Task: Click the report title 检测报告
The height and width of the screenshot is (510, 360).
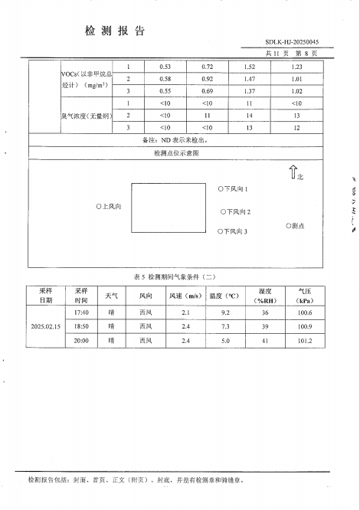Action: pyautogui.click(x=115, y=31)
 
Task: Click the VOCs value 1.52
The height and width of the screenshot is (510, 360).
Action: pyautogui.click(x=248, y=67)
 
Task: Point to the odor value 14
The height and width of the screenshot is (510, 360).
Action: pyautogui.click(x=248, y=115)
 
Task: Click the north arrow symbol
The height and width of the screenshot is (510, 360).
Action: pyautogui.click(x=292, y=172)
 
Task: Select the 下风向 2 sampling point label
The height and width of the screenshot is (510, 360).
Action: pyautogui.click(x=236, y=211)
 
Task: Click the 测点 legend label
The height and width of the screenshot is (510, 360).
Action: pyautogui.click(x=295, y=226)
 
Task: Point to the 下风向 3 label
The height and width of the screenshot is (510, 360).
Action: pyautogui.click(x=234, y=230)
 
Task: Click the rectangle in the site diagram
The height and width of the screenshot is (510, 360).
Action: pyautogui.click(x=169, y=207)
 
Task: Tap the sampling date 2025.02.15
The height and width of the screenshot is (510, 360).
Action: pyautogui.click(x=46, y=325)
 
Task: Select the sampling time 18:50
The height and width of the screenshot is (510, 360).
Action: pyautogui.click(x=82, y=325)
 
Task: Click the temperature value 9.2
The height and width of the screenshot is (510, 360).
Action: pyautogui.click(x=225, y=312)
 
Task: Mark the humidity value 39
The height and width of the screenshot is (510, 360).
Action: pyautogui.click(x=265, y=325)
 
